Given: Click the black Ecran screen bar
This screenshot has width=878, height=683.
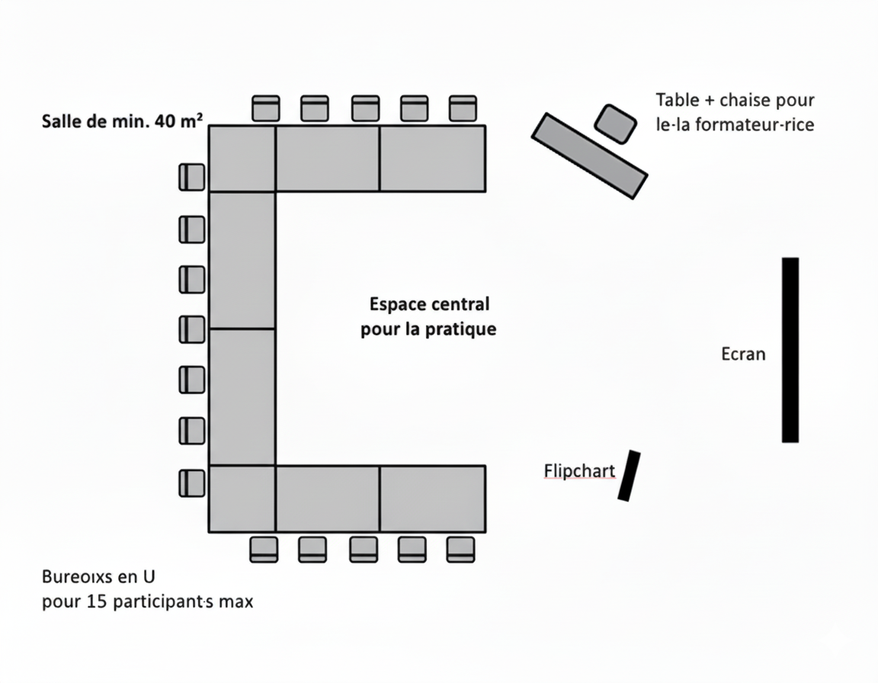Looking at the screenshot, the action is [790, 350].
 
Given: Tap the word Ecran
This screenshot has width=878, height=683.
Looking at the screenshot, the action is [743, 354].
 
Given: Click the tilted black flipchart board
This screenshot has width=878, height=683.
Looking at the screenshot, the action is [630, 476].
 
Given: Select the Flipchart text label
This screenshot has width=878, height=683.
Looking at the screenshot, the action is [579, 471].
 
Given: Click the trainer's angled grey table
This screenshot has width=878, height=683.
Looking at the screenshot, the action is [590, 156].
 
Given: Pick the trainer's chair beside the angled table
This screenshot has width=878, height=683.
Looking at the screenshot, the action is [615, 123].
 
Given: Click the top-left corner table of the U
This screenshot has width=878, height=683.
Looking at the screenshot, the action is [242, 159].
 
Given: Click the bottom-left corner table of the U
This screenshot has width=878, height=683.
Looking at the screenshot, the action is [242, 499].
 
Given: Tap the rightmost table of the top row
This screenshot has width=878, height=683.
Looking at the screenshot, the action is [433, 159].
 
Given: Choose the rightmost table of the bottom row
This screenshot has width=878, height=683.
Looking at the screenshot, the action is [433, 499].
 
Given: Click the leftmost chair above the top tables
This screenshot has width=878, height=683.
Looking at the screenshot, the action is [266, 108].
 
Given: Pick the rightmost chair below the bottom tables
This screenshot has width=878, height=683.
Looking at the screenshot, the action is [461, 549].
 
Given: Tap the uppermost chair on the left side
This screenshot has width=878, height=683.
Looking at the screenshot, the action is [192, 177].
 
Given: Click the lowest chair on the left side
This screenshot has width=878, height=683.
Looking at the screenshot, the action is [192, 483].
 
